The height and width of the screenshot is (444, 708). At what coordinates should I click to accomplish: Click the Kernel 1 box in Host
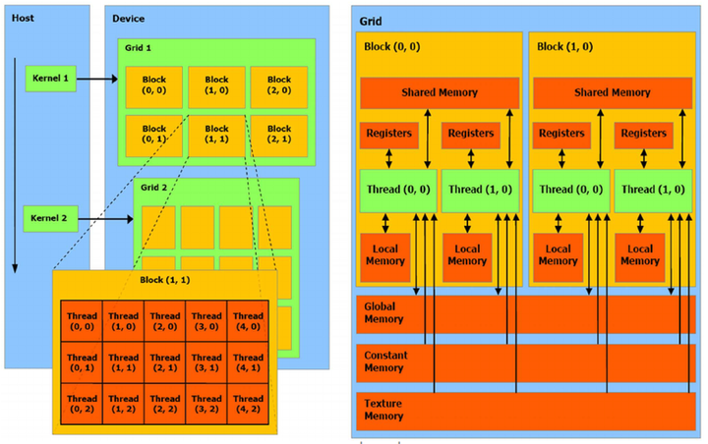pos(50,78)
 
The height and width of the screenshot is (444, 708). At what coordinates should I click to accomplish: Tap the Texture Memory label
pos(381,410)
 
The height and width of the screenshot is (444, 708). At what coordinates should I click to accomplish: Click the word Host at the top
pos(23,19)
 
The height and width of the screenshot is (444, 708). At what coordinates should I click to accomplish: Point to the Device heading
pos(130,19)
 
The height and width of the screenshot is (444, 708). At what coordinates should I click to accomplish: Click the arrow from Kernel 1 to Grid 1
pos(96,78)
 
